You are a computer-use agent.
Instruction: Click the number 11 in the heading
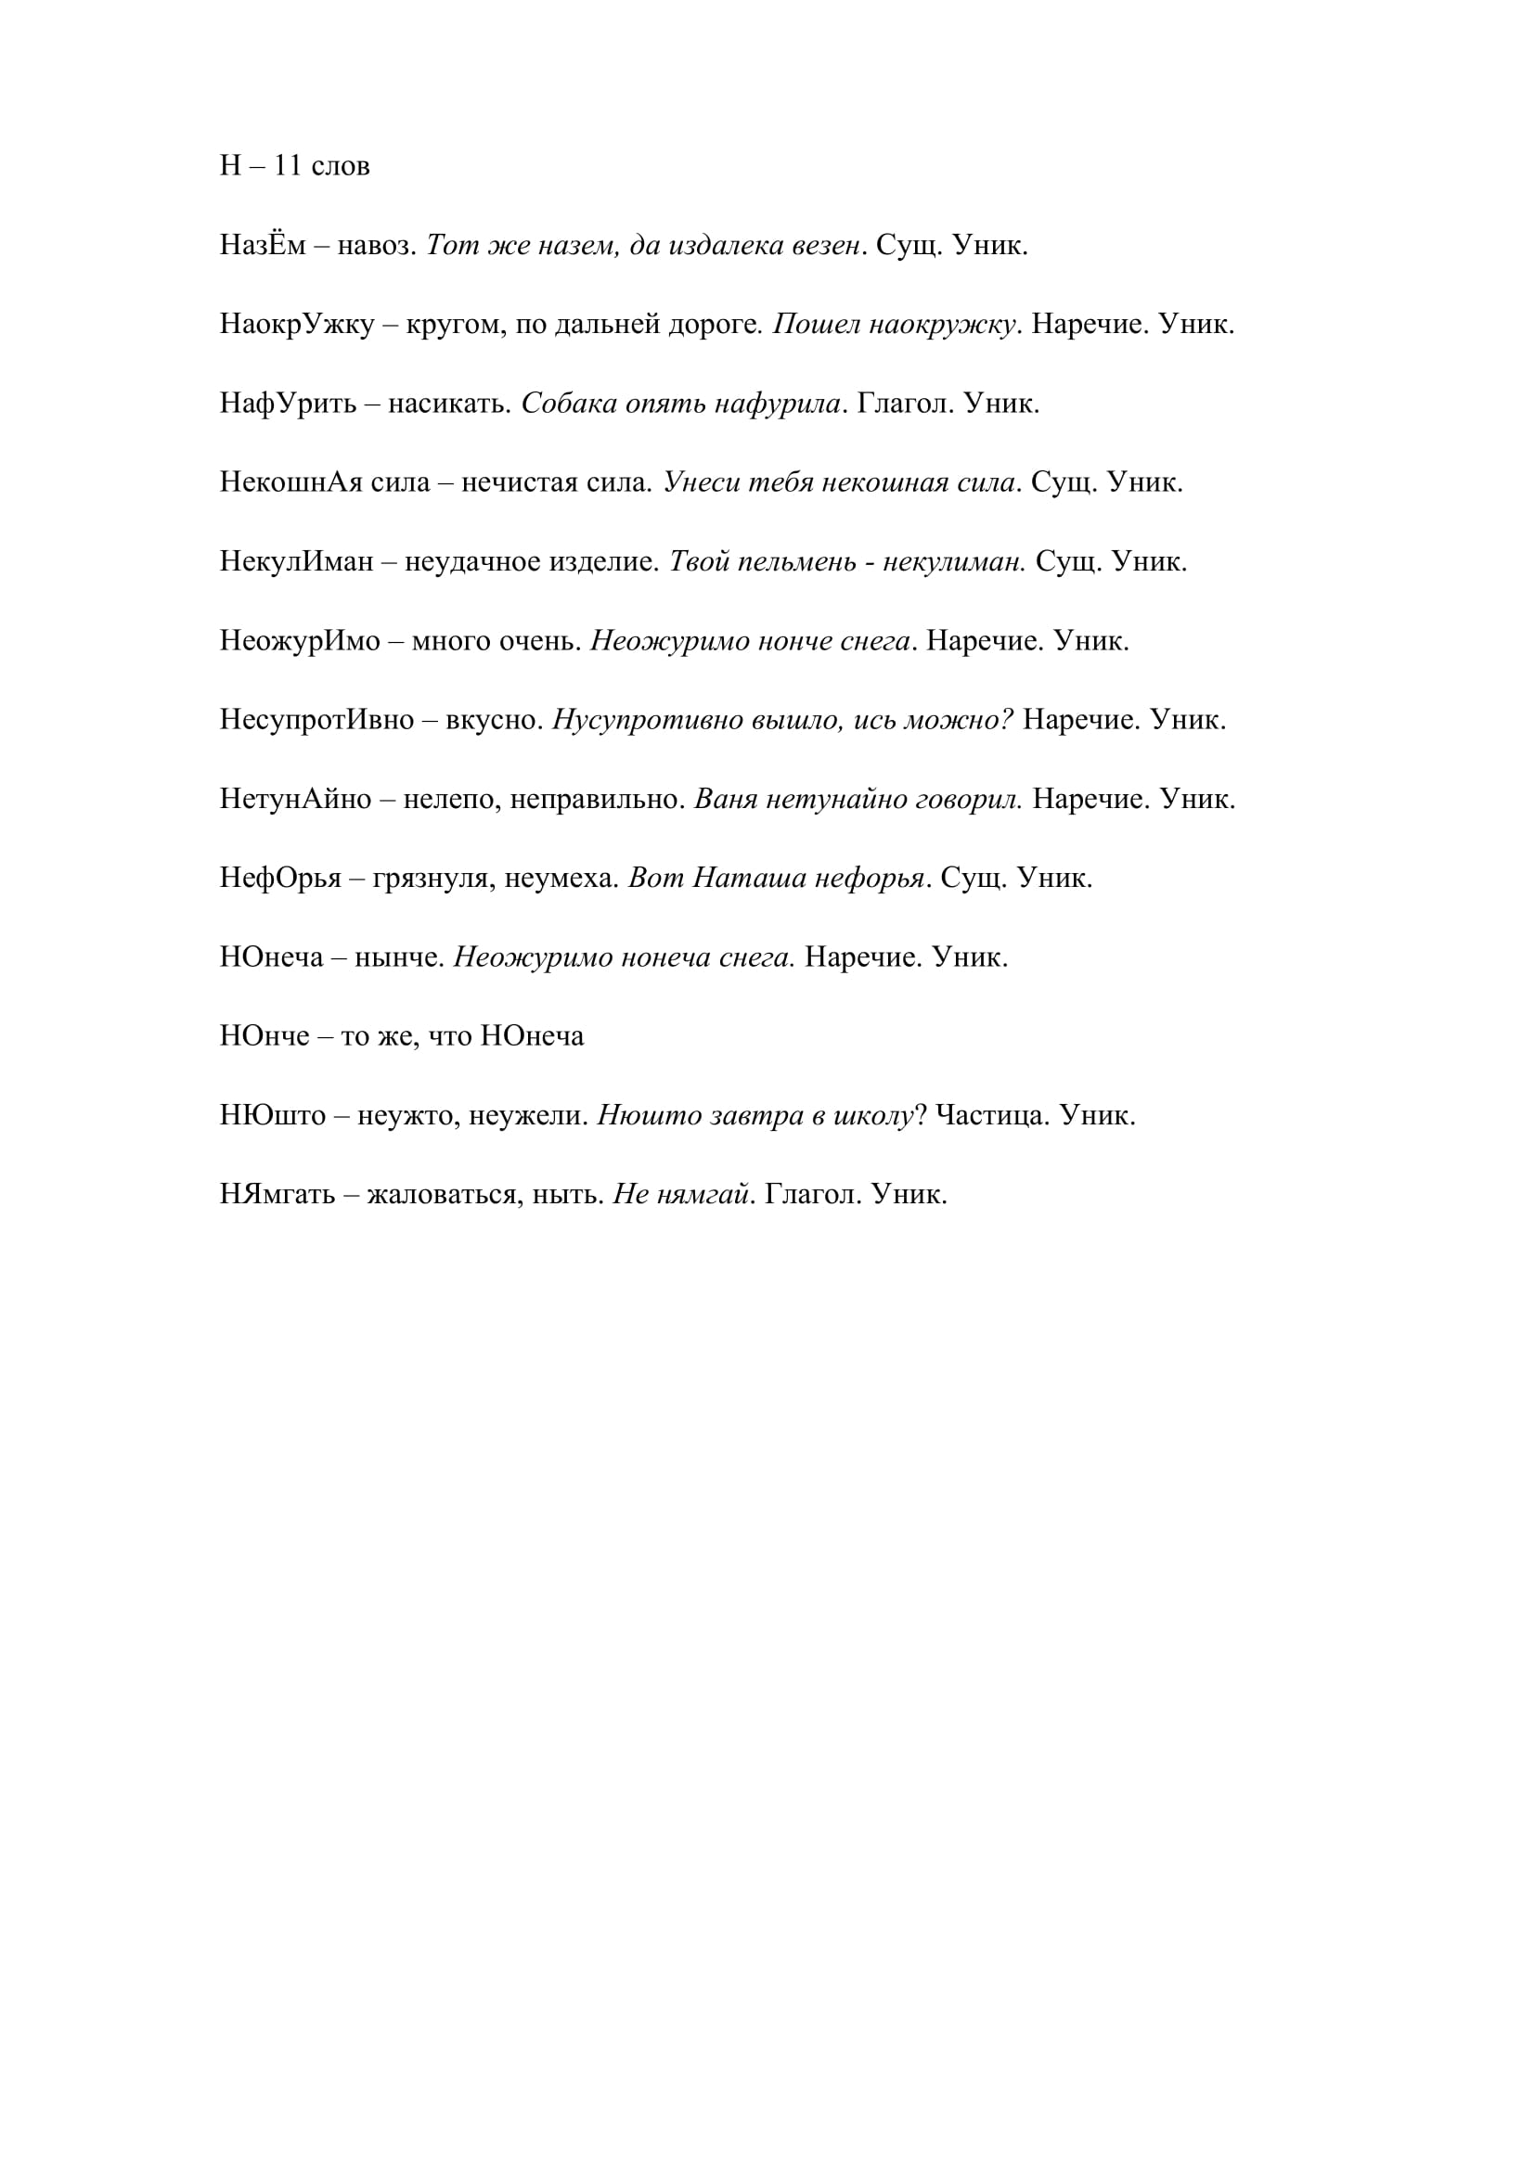pos(288,166)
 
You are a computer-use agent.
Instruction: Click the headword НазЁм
pos(263,246)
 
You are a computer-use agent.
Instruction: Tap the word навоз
pos(377,246)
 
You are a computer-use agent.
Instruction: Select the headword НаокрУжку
pos(297,325)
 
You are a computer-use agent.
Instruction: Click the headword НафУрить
pos(289,404)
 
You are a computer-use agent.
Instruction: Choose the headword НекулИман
pos(297,562)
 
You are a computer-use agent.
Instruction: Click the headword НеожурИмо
pos(300,642)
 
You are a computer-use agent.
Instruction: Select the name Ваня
pos(726,800)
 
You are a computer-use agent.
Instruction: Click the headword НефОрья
pos(280,879)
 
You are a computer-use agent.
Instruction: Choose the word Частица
pos(992,1116)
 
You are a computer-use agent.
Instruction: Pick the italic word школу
pos(873,1116)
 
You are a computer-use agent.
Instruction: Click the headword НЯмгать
pos(277,1196)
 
